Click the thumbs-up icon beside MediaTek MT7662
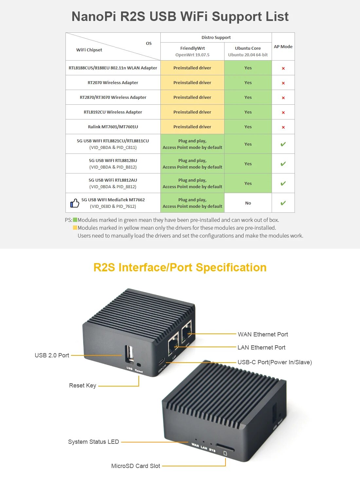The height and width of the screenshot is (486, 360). [x=75, y=203]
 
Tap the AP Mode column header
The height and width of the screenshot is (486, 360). [x=283, y=46]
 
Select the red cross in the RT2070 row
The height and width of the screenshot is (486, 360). [x=283, y=83]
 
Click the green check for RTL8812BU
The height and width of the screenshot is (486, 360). [x=283, y=164]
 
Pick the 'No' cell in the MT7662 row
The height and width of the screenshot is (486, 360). [x=248, y=203]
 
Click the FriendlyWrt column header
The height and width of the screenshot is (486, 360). [x=192, y=48]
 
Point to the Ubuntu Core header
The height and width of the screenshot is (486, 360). [x=248, y=48]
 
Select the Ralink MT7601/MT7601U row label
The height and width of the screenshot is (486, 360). [x=113, y=127]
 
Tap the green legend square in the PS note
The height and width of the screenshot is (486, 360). [x=75, y=220]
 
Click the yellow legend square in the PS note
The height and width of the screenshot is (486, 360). [x=75, y=228]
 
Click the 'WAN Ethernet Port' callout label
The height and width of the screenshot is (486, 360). [x=263, y=334]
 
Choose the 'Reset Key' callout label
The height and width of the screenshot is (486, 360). [x=82, y=386]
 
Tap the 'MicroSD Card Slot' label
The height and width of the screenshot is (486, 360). [x=135, y=466]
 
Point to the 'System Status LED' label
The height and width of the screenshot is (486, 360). [x=93, y=442]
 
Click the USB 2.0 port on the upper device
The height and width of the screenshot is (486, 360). [x=130, y=354]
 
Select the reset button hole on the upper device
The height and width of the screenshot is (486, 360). [x=139, y=365]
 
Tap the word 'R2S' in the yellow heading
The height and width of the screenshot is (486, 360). [x=104, y=267]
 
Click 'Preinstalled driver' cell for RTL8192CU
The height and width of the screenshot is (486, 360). [x=192, y=112]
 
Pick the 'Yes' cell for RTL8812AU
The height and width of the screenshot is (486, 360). [x=248, y=183]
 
